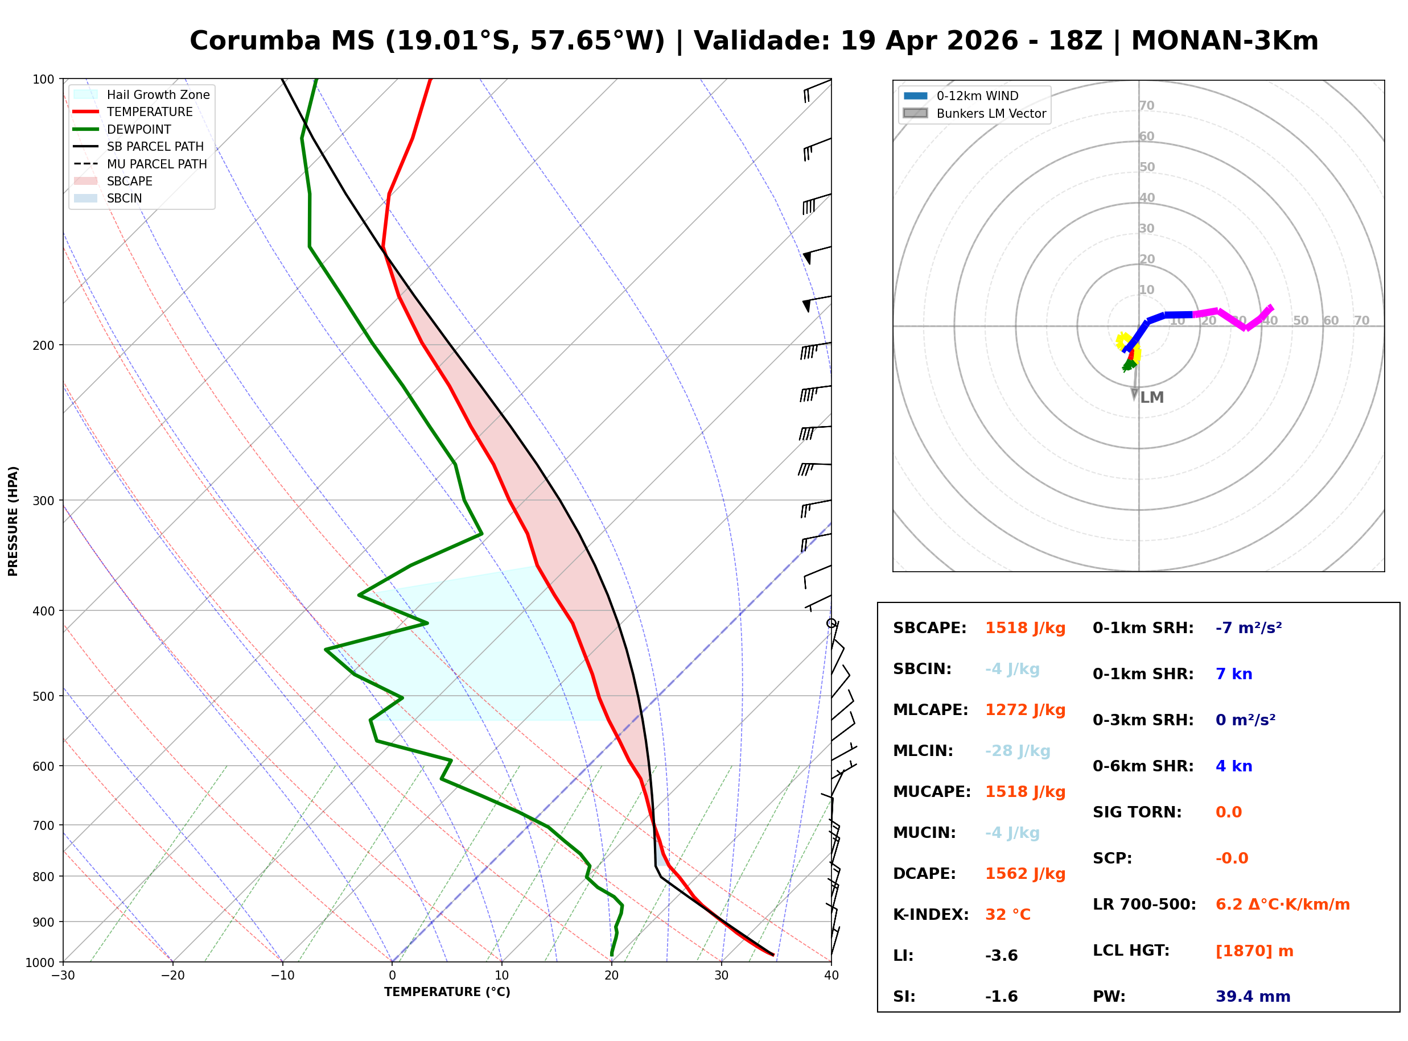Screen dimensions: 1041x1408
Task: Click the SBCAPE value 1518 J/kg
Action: coord(1025,628)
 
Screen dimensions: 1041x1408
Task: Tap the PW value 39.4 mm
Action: coord(1252,997)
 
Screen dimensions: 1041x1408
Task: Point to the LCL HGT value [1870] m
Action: coord(1254,951)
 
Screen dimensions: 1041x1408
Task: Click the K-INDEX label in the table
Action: coord(931,915)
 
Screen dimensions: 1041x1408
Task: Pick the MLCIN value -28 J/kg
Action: coord(1017,751)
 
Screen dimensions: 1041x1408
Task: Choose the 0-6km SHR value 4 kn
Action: coord(1233,766)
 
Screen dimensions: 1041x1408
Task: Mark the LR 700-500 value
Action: coord(1282,905)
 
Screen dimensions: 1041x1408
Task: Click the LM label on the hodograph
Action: coord(1151,398)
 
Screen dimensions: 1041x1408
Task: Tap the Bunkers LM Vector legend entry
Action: coord(991,113)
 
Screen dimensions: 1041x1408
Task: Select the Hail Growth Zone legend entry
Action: coord(158,94)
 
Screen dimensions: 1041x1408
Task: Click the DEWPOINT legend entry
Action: coord(139,129)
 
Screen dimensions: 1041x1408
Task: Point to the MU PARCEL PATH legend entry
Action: coord(157,164)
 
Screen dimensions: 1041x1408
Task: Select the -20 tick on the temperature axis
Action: coord(172,976)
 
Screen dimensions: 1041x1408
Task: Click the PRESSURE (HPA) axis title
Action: coord(13,520)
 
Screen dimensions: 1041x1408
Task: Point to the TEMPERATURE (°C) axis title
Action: coord(447,992)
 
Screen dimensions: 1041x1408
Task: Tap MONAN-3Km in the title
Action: coord(1224,41)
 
